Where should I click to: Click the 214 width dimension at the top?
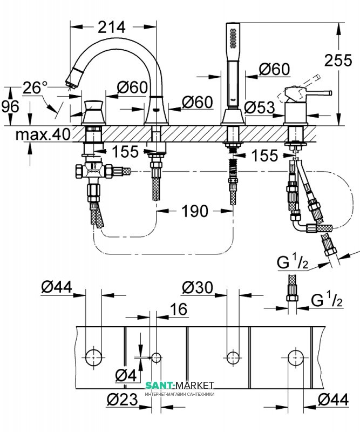coord(112,27)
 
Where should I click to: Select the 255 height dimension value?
coord(338,60)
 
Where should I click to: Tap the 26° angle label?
coord(35,87)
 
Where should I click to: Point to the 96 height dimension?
coord(10,106)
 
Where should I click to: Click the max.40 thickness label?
coord(43,134)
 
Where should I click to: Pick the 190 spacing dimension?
coord(195,211)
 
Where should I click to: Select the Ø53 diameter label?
coord(260,107)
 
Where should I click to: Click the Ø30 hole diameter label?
coord(198,287)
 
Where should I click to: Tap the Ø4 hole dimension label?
coord(126,375)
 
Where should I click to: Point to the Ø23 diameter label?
coord(122,399)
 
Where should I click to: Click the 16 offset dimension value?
coord(179,309)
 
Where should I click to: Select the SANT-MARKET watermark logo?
coord(180,385)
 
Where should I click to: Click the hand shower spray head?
coord(233,36)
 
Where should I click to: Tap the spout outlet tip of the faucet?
coord(71,82)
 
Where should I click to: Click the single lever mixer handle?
coord(309,93)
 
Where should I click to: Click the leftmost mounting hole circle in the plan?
coord(94,357)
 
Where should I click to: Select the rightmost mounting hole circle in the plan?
coord(296,358)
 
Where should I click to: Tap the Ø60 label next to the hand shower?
coord(274,69)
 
